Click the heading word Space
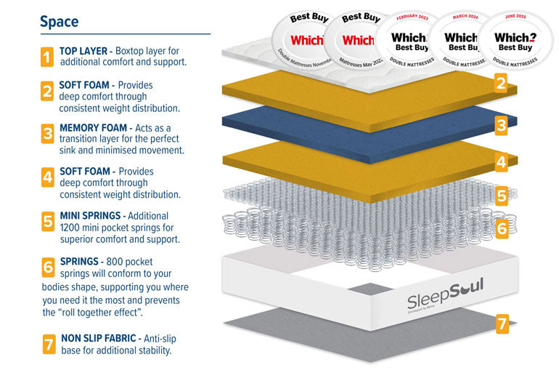point(59,21)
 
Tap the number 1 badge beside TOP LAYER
point(47,57)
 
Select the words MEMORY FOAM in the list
point(90,127)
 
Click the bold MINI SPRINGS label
point(92,216)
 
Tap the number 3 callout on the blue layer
point(502,125)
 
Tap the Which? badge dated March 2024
point(460,41)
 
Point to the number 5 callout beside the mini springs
point(502,196)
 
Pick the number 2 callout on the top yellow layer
point(501,84)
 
